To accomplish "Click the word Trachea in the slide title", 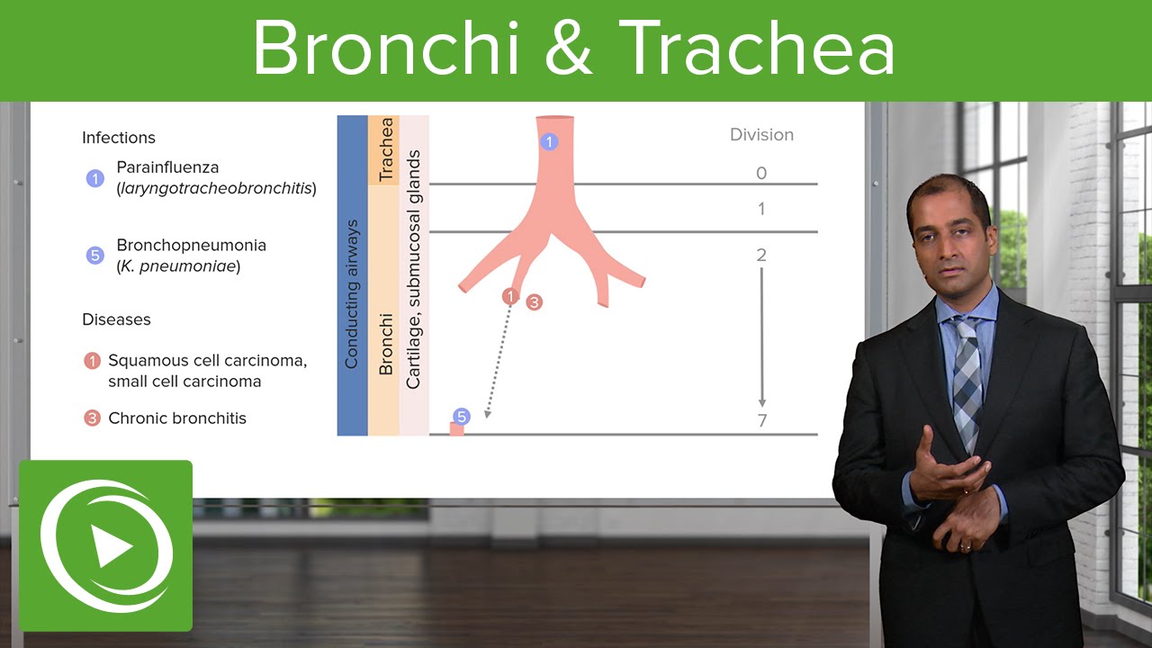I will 757,49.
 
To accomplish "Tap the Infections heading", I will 119,138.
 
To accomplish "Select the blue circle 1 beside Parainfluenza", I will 95,178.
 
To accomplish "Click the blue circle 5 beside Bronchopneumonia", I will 95,256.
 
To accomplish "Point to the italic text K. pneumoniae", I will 178,266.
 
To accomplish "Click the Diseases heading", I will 116,319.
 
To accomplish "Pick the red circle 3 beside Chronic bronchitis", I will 92,418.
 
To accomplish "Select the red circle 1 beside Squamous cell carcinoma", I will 92,361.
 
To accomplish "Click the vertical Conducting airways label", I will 352,293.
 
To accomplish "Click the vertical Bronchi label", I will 385,344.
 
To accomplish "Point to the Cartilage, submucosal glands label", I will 413,270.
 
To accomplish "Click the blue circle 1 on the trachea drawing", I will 549,141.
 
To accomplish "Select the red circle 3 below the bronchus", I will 534,302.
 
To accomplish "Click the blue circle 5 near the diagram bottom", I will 461,417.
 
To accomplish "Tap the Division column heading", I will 761,135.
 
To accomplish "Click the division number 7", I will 761,420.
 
